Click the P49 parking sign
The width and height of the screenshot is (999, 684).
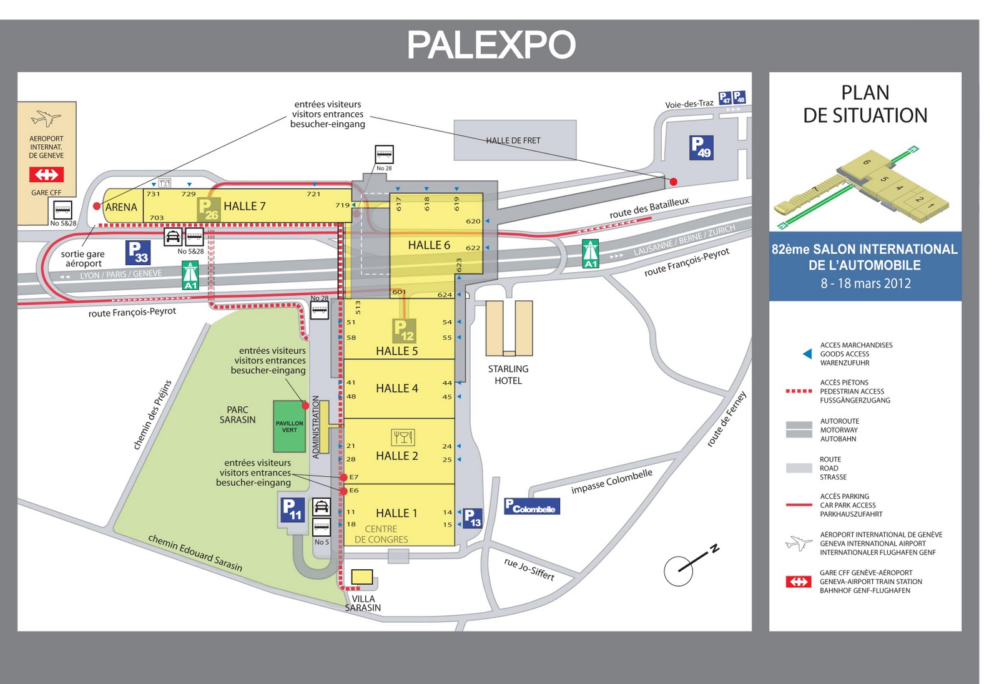click(x=701, y=147)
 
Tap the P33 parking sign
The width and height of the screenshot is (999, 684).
click(x=138, y=253)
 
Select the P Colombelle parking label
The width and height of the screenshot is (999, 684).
click(x=532, y=506)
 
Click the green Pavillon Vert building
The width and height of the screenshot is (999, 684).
click(x=289, y=427)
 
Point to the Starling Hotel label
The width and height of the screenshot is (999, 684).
click(x=508, y=374)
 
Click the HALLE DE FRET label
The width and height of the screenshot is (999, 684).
click(x=513, y=140)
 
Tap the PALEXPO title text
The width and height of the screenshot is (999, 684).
click(x=491, y=45)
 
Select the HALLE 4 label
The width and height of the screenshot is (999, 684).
click(x=396, y=388)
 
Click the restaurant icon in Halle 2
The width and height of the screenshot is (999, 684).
click(x=403, y=437)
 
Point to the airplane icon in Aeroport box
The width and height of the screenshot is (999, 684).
click(x=46, y=118)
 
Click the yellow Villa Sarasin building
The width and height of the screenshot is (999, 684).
click(x=362, y=577)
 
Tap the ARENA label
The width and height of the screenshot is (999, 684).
click(x=121, y=207)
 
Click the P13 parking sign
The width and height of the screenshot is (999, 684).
click(x=473, y=518)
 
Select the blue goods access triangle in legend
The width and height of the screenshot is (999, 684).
click(x=807, y=354)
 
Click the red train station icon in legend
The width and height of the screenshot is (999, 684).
click(x=799, y=582)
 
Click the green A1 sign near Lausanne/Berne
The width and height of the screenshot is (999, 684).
click(x=590, y=253)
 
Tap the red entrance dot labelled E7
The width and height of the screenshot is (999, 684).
click(x=343, y=477)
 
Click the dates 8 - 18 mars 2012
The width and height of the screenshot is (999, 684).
click(x=865, y=283)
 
